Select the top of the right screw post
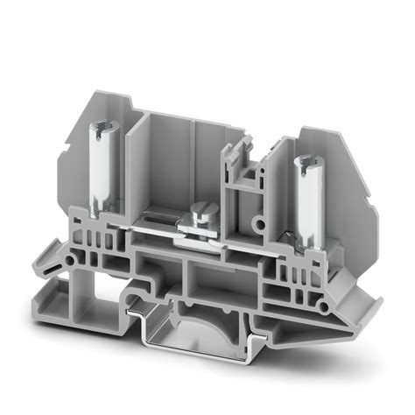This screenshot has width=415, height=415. coord(306,161)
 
